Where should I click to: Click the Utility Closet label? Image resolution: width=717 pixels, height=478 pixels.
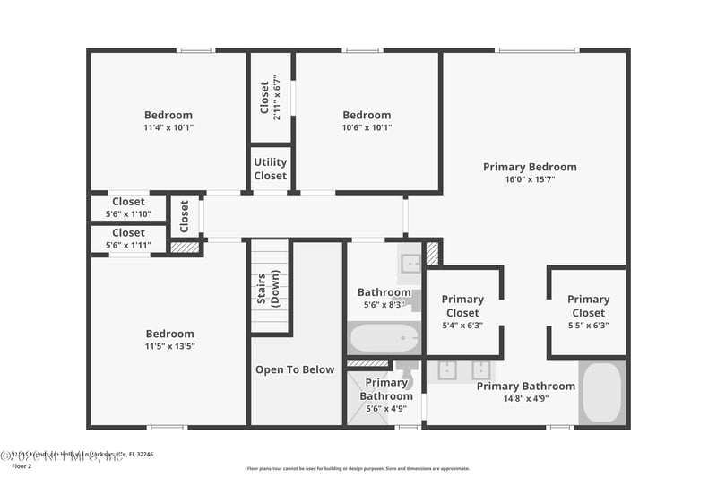(270, 169)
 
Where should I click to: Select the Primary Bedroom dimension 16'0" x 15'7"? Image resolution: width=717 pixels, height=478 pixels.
(530, 179)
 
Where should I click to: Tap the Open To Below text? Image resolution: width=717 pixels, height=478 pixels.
(295, 369)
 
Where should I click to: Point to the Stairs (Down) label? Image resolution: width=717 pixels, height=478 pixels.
(269, 289)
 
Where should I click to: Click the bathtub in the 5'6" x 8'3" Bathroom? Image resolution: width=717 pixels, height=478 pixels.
(384, 339)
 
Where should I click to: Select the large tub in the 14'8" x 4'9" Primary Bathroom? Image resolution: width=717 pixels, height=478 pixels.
(601, 392)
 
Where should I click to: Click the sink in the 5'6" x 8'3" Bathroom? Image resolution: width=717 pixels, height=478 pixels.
(410, 263)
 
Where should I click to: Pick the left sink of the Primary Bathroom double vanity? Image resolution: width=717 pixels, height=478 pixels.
(447, 369)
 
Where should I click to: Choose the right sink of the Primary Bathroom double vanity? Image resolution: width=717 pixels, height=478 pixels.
(481, 369)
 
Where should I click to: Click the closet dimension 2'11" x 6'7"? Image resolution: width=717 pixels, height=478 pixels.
(278, 98)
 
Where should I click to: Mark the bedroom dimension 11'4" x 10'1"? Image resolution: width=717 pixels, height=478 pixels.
(168, 127)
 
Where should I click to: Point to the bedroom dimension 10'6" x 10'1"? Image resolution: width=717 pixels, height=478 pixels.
(367, 127)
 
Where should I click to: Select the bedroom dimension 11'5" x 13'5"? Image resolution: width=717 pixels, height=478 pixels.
(169, 346)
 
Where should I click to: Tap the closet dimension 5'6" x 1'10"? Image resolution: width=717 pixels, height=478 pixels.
(128, 214)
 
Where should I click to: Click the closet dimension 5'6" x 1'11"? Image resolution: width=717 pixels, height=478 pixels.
(128, 245)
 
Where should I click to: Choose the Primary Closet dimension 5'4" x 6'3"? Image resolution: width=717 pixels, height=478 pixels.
(462, 325)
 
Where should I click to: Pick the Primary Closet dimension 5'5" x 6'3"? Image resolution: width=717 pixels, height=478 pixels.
(588, 325)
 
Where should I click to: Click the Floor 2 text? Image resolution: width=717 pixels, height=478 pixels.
(21, 466)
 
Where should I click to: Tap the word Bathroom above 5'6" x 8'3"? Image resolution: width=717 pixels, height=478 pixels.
(384, 292)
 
